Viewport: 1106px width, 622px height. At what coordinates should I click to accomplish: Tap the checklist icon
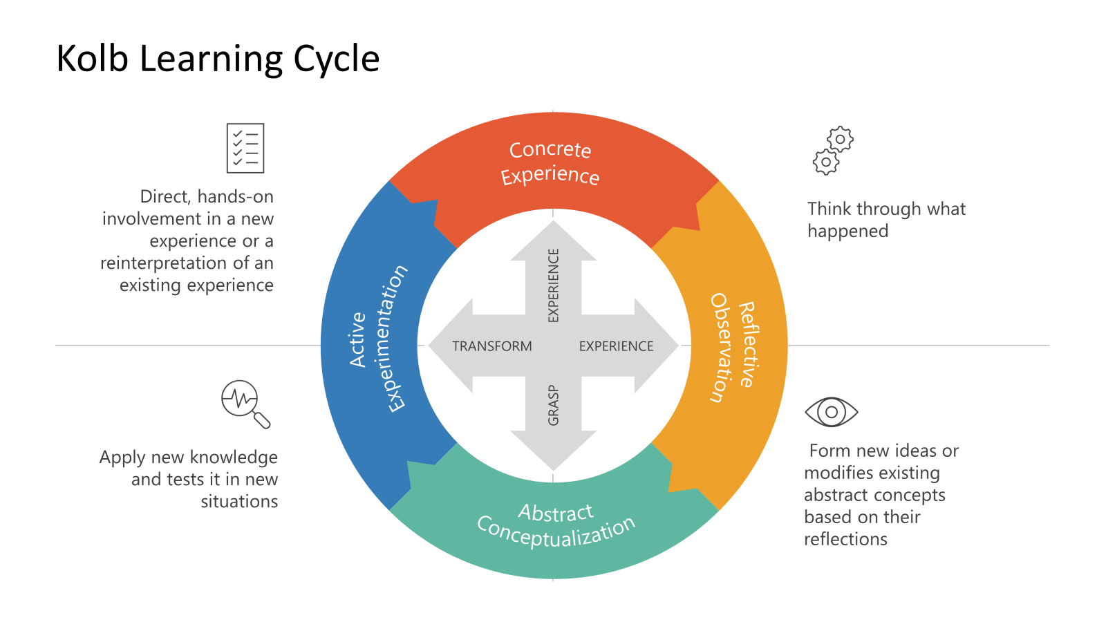245,148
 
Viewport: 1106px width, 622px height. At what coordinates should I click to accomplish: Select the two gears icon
833,150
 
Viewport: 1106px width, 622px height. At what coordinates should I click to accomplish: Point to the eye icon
832,412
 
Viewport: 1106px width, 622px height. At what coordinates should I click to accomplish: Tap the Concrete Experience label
550,162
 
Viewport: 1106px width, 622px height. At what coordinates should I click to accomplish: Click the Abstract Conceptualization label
556,525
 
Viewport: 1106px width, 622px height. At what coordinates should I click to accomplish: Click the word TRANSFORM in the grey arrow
492,346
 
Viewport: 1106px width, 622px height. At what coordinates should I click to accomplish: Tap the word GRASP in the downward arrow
553,405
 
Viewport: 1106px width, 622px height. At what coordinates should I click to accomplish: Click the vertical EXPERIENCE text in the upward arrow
553,285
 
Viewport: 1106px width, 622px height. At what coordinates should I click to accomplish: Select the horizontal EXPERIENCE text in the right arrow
616,346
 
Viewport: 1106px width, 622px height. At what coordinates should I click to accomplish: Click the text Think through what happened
885,220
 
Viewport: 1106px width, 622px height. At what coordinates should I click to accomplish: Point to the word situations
239,502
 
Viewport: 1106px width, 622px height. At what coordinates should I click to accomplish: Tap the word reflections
845,540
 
